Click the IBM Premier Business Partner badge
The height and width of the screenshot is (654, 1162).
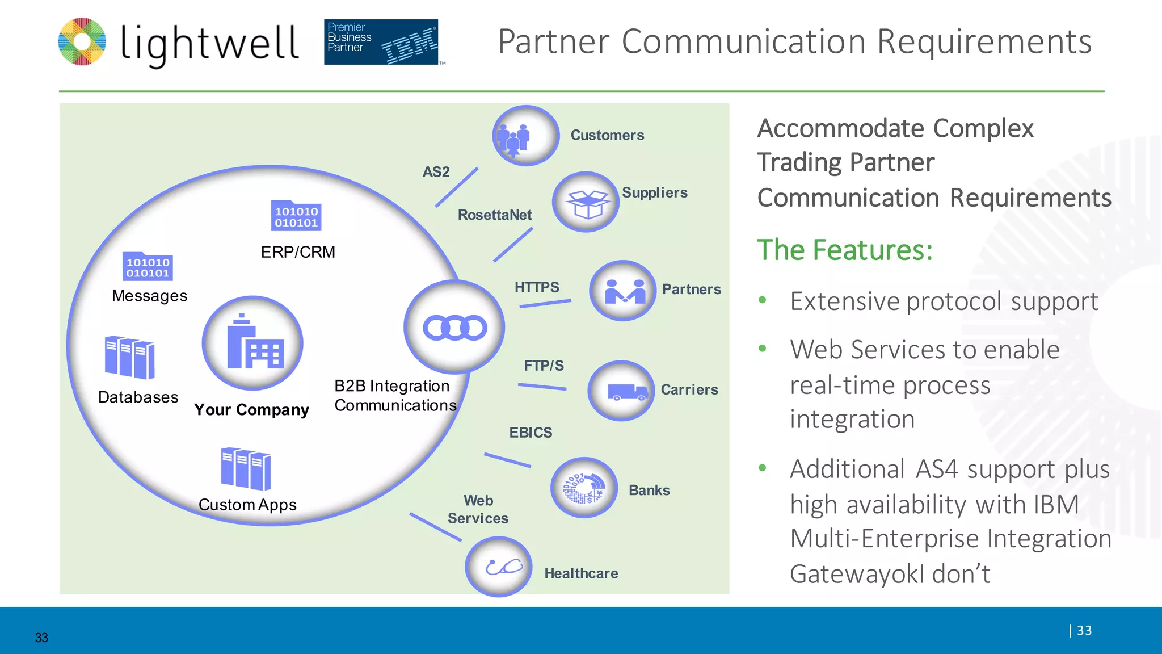pyautogui.click(x=381, y=42)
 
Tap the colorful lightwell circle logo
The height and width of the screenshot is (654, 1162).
pyautogui.click(x=82, y=42)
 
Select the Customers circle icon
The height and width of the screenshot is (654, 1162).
pyautogui.click(x=525, y=136)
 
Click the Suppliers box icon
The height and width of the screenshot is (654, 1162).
pyautogui.click(x=586, y=202)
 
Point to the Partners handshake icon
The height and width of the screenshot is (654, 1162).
pyautogui.click(x=623, y=291)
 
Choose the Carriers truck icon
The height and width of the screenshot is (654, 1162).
pyautogui.click(x=622, y=391)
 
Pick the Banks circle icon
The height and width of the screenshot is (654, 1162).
pyautogui.click(x=584, y=488)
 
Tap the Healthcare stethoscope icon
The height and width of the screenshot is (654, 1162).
pyautogui.click(x=499, y=567)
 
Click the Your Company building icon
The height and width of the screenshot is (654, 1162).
pyautogui.click(x=252, y=343)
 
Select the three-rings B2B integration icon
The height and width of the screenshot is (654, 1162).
pyautogui.click(x=454, y=328)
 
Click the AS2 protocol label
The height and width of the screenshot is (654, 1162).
pyautogui.click(x=436, y=172)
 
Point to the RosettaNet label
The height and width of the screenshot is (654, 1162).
pyautogui.click(x=494, y=215)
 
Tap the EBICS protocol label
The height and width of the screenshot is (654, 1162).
pyautogui.click(x=531, y=433)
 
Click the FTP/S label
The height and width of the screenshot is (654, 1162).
pyautogui.click(x=544, y=366)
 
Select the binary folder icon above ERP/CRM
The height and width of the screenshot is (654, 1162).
pyautogui.click(x=296, y=216)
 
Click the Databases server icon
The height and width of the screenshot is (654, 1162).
pyautogui.click(x=129, y=357)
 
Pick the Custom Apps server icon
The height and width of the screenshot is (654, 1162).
pyautogui.click(x=246, y=468)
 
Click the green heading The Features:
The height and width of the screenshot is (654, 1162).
pyautogui.click(x=845, y=250)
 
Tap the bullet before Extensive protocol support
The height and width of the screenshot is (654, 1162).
pyautogui.click(x=763, y=300)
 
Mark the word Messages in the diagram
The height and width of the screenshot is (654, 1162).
pyautogui.click(x=149, y=296)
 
